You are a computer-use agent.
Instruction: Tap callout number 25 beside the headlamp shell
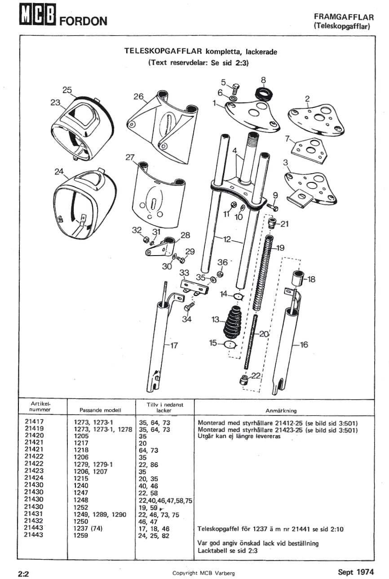pyautogui.click(x=67, y=90)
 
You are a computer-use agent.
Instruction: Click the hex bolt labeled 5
pyautogui.click(x=235, y=86)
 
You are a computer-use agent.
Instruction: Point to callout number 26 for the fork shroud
pyautogui.click(x=138, y=96)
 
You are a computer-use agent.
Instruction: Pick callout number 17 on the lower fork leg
pyautogui.click(x=174, y=345)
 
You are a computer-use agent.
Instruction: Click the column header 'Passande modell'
pyautogui.click(x=101, y=410)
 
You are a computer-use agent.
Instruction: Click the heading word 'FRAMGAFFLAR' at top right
pyautogui.click(x=344, y=17)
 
